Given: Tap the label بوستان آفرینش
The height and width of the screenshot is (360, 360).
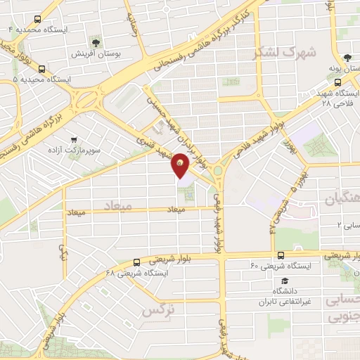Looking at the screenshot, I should point(98,53).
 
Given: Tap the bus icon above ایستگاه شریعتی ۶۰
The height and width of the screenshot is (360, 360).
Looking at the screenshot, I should point(279,255).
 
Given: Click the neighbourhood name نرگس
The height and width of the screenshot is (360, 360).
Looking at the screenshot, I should point(157,309).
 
